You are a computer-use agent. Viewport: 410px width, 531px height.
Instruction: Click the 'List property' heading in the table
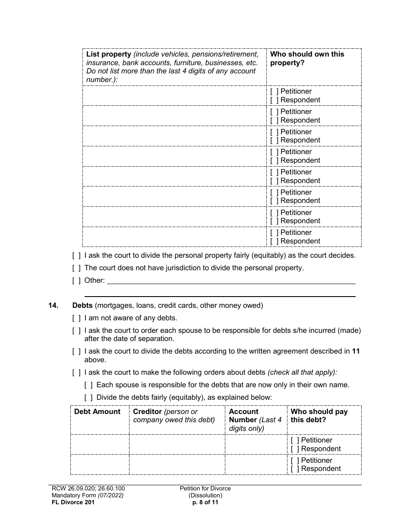point(109,54)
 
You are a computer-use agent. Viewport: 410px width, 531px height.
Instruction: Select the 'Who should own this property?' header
point(307,58)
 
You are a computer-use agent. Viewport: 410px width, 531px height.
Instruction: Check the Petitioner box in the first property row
point(274,92)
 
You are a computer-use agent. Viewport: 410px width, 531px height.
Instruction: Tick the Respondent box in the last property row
point(274,241)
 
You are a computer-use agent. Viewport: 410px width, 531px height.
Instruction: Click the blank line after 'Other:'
point(230,281)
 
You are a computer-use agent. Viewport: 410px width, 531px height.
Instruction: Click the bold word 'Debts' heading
point(82,306)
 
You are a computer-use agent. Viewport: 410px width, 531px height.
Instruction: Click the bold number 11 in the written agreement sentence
point(356,351)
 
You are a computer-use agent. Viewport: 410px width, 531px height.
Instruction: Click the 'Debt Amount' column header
point(97,412)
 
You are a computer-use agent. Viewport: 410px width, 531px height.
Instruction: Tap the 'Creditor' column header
point(147,412)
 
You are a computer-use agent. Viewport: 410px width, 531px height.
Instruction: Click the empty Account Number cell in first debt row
point(255,445)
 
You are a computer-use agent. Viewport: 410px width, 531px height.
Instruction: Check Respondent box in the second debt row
point(295,469)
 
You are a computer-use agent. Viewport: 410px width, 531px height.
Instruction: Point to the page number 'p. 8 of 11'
point(205,503)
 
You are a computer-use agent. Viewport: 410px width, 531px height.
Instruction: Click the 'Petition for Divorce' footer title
point(205,489)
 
